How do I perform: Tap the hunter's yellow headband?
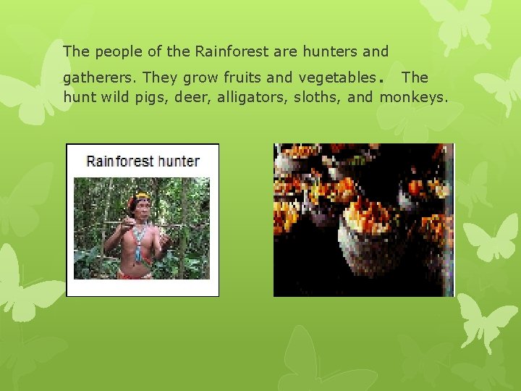tap(142, 195)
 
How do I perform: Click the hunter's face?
tap(142, 207)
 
